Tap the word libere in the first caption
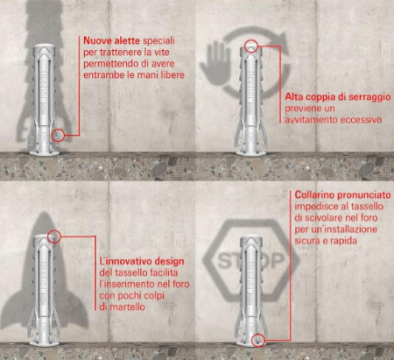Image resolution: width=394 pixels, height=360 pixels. coord(172,75)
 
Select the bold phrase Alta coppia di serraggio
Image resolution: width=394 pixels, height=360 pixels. coord(338,97)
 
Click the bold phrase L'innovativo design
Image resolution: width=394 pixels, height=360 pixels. coord(142,261)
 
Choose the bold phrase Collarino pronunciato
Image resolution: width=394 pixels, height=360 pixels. coord(342,194)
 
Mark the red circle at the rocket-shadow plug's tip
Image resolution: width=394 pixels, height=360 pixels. coord(53,236)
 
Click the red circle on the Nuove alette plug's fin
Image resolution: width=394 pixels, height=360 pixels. coord(58,135)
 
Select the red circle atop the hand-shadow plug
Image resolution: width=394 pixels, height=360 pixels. coord(251,46)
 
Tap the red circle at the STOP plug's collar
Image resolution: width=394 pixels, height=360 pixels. coord(257,340)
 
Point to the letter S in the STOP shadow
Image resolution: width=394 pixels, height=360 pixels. coord(224,260)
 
